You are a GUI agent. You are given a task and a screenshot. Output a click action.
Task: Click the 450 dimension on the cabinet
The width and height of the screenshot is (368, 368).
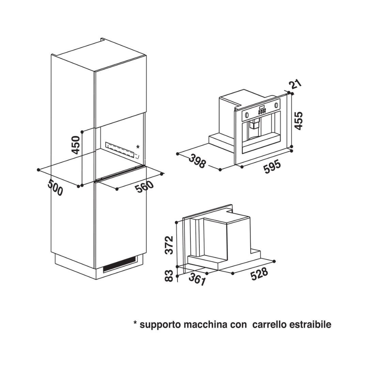point(76,145)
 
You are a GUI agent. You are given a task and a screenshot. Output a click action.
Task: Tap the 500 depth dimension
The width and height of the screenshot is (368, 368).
point(56,187)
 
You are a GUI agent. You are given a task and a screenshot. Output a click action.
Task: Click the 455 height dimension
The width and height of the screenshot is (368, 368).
point(298,121)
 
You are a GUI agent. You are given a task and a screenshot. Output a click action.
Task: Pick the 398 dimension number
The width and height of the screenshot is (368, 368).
point(197,161)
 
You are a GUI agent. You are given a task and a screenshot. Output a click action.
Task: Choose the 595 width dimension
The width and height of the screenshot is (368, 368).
point(272,166)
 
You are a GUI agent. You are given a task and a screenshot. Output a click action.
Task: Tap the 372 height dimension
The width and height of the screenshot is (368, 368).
point(169,245)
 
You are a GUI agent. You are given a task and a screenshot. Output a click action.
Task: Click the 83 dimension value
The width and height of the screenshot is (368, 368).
point(169,276)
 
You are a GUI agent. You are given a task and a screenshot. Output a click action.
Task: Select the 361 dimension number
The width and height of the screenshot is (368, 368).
point(197,279)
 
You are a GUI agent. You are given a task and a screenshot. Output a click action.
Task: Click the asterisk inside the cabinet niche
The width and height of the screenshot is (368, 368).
point(138,147)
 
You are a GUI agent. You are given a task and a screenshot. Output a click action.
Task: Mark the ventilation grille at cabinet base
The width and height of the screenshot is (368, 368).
point(120,264)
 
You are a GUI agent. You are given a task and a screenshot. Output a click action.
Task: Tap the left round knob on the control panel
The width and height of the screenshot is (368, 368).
point(247,115)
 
